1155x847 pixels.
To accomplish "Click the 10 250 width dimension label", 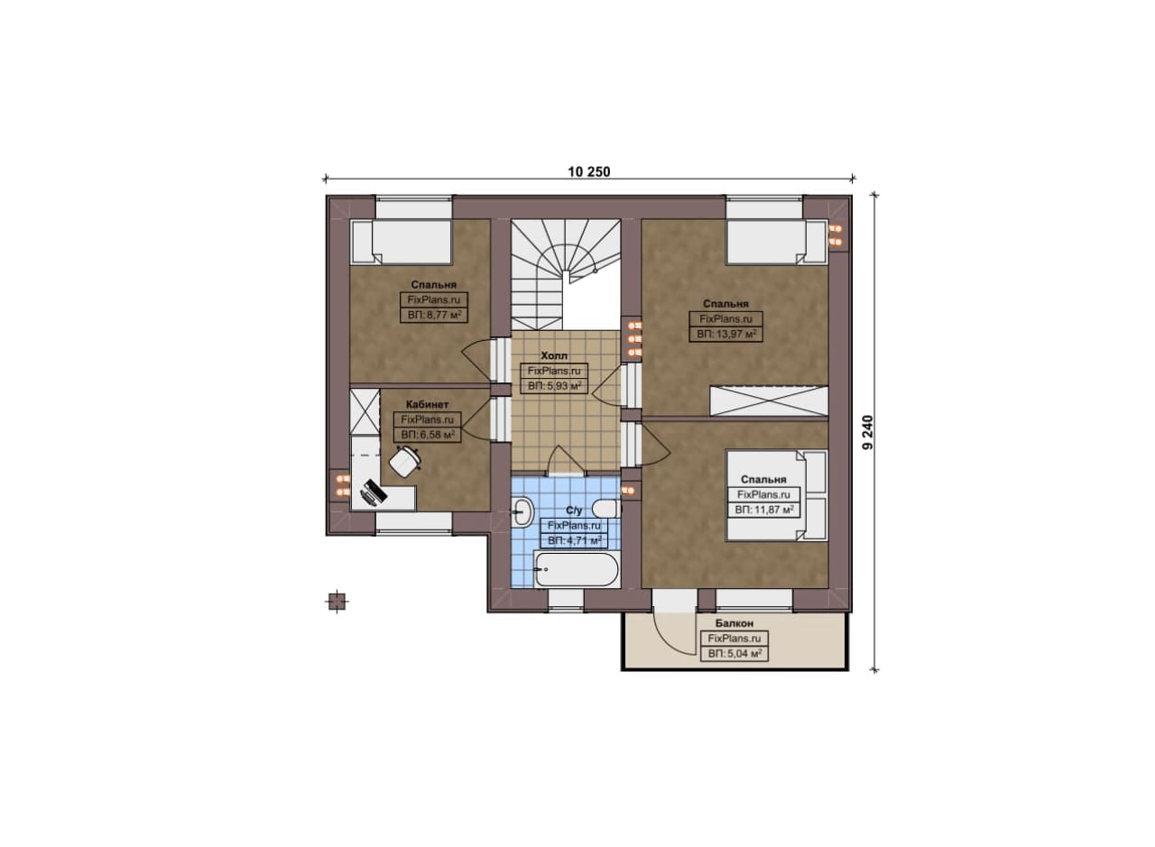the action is [x=589, y=171].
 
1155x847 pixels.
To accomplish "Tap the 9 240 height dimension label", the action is [x=868, y=433].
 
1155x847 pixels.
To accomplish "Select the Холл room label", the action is [x=554, y=355].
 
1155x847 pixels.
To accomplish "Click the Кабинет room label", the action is [x=427, y=405].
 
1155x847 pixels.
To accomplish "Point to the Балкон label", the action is [x=735, y=623].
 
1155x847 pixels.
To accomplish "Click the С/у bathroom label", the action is [x=574, y=511].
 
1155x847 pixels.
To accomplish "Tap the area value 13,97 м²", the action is [x=726, y=334].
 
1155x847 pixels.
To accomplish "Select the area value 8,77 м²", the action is [x=434, y=315].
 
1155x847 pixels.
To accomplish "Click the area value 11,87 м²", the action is [x=764, y=510].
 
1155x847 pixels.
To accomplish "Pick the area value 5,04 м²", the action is [x=735, y=654].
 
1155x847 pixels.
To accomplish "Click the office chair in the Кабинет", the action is [x=405, y=462].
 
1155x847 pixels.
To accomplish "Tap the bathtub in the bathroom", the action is [x=577, y=570].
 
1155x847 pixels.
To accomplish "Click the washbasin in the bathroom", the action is [x=522, y=511].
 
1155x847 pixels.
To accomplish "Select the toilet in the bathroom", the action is [x=606, y=509].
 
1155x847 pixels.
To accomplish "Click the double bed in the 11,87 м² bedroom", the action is [x=777, y=495].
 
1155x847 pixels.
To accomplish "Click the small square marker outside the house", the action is [x=337, y=601].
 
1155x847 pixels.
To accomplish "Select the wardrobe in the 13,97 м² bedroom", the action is [x=769, y=400].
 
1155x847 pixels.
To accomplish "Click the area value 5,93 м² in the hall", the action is [x=554, y=385].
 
